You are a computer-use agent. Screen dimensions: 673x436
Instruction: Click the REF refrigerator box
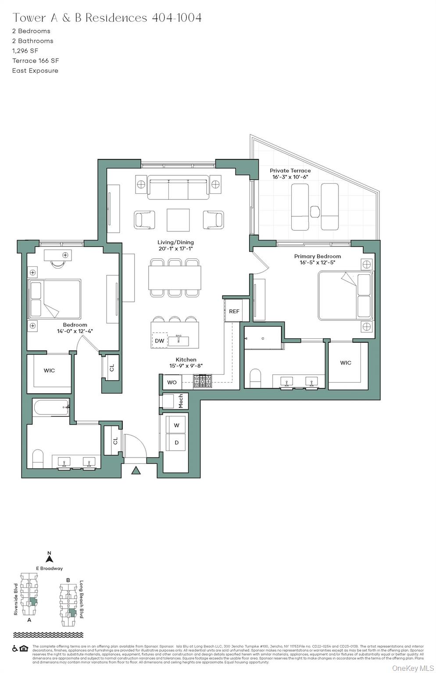(234, 311)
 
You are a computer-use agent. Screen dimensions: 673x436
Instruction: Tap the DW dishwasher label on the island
(159, 341)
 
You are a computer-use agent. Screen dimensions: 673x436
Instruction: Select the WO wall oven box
(172, 382)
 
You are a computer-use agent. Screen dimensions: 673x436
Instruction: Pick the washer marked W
(176, 425)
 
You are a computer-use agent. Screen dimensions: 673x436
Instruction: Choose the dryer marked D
(176, 443)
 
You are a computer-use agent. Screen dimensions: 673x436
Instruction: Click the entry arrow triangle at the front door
(136, 471)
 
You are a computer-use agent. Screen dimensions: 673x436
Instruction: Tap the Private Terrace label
(290, 170)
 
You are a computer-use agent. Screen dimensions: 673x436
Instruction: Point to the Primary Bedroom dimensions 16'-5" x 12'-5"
(317, 263)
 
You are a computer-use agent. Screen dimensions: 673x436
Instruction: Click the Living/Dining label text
(175, 242)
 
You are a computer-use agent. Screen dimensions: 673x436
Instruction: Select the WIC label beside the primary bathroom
(345, 363)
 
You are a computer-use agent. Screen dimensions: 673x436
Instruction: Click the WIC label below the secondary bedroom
(49, 371)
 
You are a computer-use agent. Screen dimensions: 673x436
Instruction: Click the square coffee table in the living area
(178, 220)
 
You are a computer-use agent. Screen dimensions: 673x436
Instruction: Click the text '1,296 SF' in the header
(25, 51)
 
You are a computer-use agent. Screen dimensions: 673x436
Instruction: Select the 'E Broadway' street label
(49, 568)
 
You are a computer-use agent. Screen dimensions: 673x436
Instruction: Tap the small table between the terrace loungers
(314, 212)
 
